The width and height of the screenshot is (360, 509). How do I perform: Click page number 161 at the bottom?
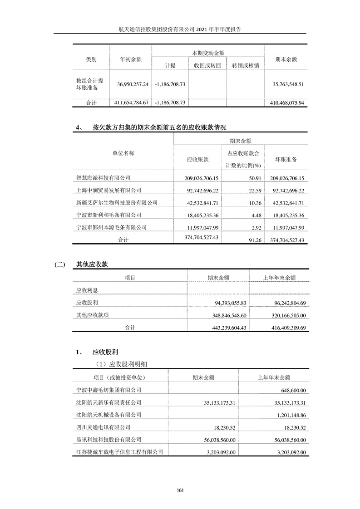coord(180,489)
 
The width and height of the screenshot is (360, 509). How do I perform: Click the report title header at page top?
coord(180,29)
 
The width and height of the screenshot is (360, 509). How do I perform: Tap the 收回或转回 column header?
coord(207,65)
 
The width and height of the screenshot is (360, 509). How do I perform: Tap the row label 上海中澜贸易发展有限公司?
coord(108,191)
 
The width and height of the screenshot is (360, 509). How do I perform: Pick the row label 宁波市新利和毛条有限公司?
coord(108,215)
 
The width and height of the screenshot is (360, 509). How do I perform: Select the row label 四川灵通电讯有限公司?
coord(103,427)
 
